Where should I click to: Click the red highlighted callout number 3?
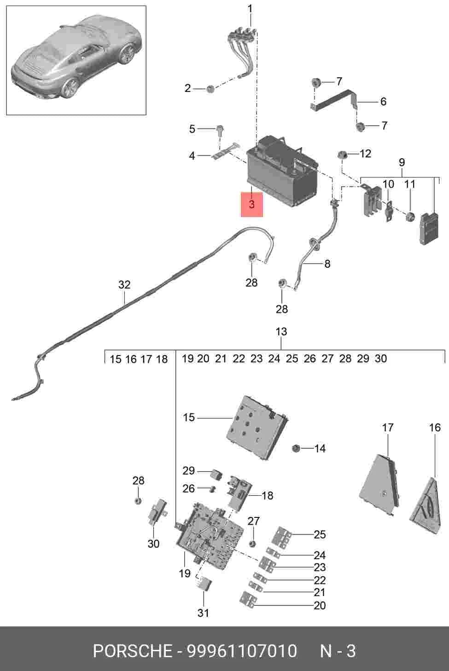click(x=251, y=204)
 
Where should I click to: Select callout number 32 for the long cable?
click(x=124, y=285)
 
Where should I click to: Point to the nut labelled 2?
click(x=211, y=89)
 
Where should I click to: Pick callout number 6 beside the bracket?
click(x=383, y=102)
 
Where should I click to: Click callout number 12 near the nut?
click(x=365, y=154)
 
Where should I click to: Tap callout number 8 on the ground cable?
click(x=327, y=264)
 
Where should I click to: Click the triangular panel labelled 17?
click(x=380, y=483)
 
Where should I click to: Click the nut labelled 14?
click(x=296, y=448)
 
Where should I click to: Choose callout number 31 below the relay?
click(x=203, y=613)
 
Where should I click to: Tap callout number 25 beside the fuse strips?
click(x=320, y=534)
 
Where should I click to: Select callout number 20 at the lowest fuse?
click(x=320, y=605)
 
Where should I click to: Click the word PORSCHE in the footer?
click(x=133, y=651)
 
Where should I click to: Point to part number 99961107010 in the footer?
click(x=242, y=651)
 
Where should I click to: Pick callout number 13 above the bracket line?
click(x=281, y=332)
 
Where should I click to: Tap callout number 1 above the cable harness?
click(x=250, y=9)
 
